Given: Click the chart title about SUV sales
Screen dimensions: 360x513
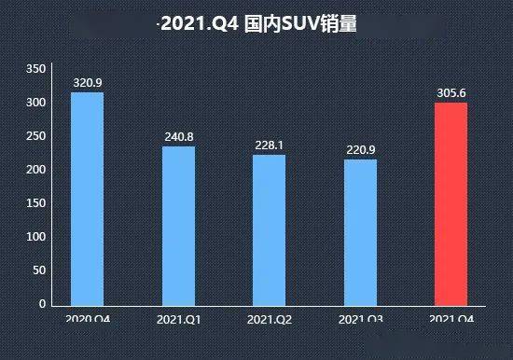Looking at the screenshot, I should point(256,24).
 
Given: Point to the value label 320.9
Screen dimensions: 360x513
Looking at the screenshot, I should point(87,83).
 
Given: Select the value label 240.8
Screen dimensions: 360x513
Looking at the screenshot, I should point(178,137).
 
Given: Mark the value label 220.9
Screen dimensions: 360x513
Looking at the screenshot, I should point(360,150).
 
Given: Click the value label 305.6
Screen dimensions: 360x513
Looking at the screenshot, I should point(451,93).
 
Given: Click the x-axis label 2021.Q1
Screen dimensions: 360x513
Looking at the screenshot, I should point(178,320).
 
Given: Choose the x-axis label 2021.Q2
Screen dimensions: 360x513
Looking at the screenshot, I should point(270,320).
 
